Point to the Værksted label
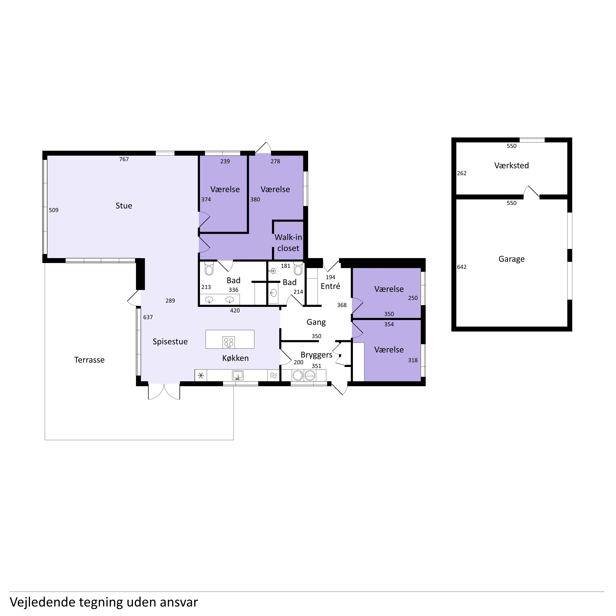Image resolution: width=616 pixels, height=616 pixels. (511, 165)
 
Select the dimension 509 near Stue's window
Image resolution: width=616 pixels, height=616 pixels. (54, 210)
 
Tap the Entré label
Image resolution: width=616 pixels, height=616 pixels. (330, 286)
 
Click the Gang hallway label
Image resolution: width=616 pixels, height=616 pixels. (316, 322)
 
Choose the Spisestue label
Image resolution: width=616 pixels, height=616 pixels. (170, 342)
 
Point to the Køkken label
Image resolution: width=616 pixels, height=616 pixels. (235, 358)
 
